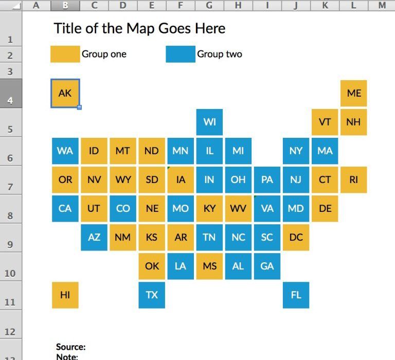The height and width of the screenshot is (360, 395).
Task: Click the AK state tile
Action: click(65, 93)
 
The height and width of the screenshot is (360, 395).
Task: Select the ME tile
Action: click(354, 93)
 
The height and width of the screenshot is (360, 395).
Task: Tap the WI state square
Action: click(209, 122)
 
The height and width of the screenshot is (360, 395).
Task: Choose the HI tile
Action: click(65, 295)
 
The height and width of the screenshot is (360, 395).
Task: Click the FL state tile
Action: click(296, 295)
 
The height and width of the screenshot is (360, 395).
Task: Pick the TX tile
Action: click(152, 295)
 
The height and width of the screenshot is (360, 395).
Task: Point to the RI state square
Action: click(354, 179)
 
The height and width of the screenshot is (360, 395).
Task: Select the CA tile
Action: click(65, 208)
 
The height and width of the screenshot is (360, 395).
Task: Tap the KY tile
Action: click(209, 208)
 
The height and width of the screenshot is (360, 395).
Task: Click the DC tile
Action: click(296, 237)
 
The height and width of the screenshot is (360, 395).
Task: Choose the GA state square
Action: click(267, 266)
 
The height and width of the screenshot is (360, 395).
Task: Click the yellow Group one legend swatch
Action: click(65, 54)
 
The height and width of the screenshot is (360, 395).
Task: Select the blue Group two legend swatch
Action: click(181, 54)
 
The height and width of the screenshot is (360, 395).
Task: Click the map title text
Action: click(139, 28)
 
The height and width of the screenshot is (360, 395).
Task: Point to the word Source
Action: click(71, 347)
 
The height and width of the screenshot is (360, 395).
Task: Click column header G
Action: click(209, 5)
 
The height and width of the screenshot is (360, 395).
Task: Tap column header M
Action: click(382, 5)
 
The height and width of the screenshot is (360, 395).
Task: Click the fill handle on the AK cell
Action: click(79, 107)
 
